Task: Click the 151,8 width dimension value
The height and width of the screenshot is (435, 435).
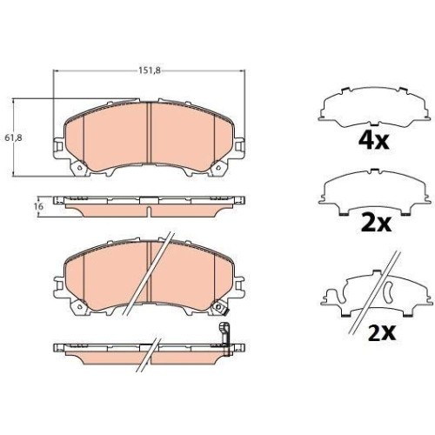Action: (150, 70)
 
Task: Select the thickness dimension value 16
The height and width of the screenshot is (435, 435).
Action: (38, 206)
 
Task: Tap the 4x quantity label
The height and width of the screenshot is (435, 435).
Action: (373, 140)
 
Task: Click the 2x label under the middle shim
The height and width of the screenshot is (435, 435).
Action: (376, 223)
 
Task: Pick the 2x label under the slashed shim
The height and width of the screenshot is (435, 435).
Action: (382, 332)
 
